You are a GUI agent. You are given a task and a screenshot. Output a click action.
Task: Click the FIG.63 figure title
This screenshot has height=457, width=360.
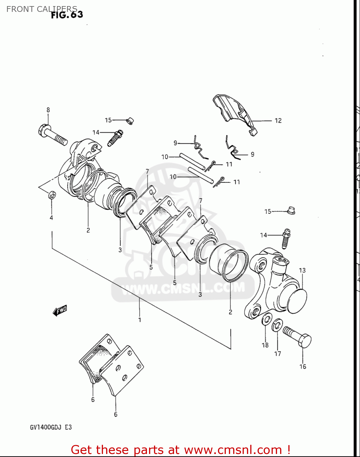point(67,15)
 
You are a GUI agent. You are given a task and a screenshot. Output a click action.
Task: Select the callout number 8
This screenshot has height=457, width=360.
point(48,110)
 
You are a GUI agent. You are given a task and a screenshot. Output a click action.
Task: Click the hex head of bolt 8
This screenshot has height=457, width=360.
point(43,131)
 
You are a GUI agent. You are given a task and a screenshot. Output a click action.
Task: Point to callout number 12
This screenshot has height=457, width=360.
point(278,121)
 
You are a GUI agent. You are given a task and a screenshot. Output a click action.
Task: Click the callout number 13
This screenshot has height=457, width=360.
point(302,270)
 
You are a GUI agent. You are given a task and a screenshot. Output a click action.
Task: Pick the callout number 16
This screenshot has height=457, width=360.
point(303,367)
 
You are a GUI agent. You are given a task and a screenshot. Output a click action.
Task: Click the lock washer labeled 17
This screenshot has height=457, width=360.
point(277,325)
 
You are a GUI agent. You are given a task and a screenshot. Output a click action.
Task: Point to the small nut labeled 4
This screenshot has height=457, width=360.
point(52,195)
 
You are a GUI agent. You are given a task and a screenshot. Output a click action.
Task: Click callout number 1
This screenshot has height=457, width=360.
point(140,320)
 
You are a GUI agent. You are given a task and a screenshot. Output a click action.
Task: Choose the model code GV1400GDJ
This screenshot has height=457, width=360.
point(46,427)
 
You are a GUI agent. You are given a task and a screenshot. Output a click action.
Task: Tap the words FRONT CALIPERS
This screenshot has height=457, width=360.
point(42,9)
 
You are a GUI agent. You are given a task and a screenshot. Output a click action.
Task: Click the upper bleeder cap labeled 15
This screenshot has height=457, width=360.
point(130,121)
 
